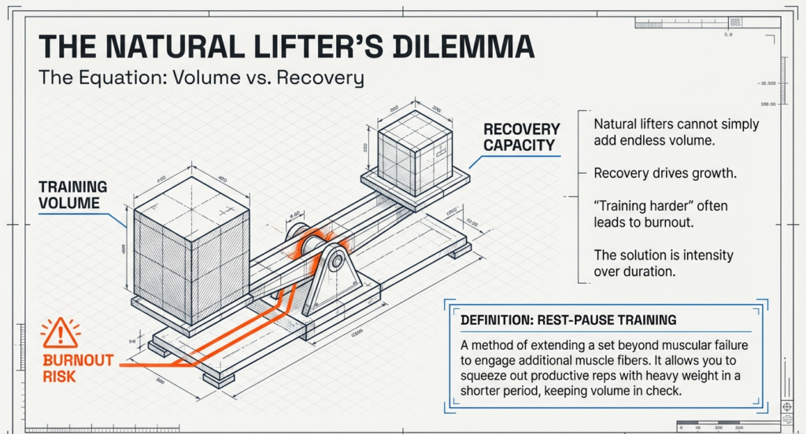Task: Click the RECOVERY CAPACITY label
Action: (x=521, y=137)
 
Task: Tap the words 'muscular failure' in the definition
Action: (x=701, y=345)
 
